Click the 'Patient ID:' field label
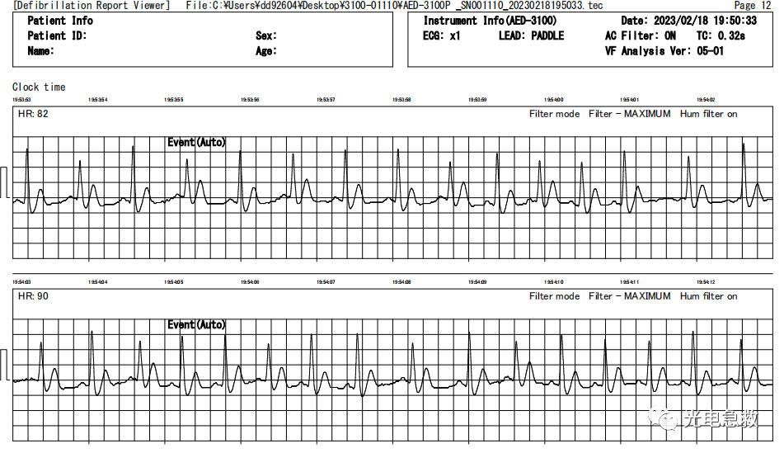click(x=57, y=35)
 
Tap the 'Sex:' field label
click(x=266, y=35)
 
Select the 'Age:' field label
click(x=266, y=51)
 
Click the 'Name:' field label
click(x=41, y=51)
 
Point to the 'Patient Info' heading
click(x=60, y=21)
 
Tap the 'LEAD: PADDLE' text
click(x=532, y=35)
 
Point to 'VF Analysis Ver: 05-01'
click(x=664, y=51)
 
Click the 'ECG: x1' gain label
click(x=442, y=35)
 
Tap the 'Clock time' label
click(x=39, y=87)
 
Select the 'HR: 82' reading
click(x=33, y=114)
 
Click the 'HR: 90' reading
click(x=33, y=296)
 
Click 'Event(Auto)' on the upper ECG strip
click(x=196, y=143)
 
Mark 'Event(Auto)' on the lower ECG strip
click(x=196, y=325)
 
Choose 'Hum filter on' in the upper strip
click(x=708, y=114)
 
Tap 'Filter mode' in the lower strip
click(x=554, y=296)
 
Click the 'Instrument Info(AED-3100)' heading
click(x=490, y=21)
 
